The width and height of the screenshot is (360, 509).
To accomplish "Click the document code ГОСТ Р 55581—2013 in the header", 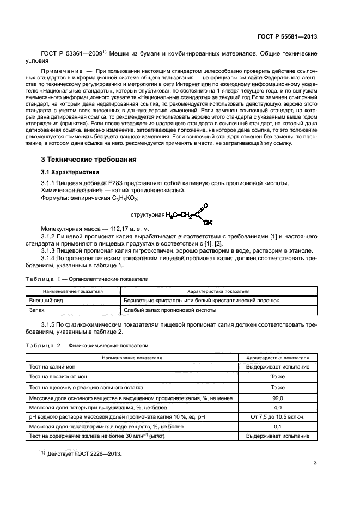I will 286,36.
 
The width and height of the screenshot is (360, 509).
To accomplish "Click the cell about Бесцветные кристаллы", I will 200,300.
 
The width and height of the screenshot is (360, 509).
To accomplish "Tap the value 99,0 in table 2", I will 278,398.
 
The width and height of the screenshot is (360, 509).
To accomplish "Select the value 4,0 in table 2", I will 278,407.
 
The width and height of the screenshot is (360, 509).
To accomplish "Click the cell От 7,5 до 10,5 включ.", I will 278,417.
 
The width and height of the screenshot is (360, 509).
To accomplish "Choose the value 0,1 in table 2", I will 278,426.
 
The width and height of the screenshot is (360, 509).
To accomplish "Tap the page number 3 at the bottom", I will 315,463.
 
